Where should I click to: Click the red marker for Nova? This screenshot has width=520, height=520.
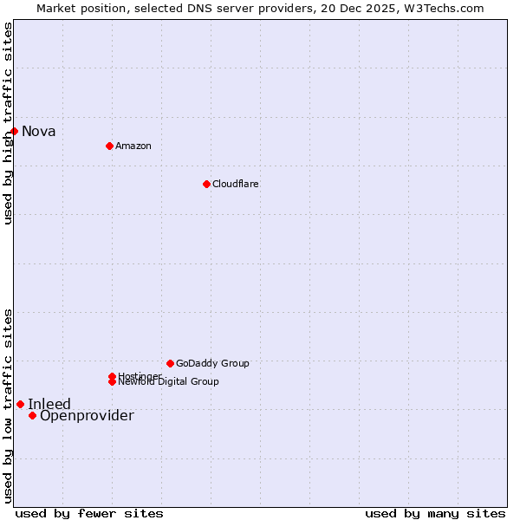[x=15, y=131]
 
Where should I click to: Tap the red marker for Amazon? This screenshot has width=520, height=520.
[x=109, y=146]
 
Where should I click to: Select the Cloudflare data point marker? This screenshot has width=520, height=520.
[x=206, y=184]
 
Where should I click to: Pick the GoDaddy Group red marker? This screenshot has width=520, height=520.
[x=170, y=363]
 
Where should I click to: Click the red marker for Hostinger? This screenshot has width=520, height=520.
[x=112, y=376]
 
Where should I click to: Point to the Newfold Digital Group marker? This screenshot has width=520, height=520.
[x=112, y=382]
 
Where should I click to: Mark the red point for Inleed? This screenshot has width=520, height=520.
[x=20, y=404]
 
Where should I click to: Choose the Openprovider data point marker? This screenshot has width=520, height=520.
[x=32, y=415]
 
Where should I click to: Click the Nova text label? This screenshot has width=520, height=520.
[x=39, y=132]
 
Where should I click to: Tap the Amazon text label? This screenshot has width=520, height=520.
[x=133, y=146]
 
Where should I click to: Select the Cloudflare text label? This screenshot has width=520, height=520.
[x=236, y=184]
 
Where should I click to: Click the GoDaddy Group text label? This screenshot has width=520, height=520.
[x=212, y=363]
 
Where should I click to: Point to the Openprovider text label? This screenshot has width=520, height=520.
[x=87, y=416]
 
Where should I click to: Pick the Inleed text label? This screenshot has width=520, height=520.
[x=49, y=405]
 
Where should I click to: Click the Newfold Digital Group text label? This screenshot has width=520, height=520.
[x=169, y=382]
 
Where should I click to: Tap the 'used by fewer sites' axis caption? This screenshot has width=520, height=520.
[x=89, y=514]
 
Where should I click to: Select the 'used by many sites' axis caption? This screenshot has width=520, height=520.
[x=435, y=514]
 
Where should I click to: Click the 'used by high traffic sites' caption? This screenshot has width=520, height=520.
[x=8, y=123]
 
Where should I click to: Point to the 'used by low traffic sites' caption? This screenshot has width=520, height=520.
[x=8, y=406]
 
